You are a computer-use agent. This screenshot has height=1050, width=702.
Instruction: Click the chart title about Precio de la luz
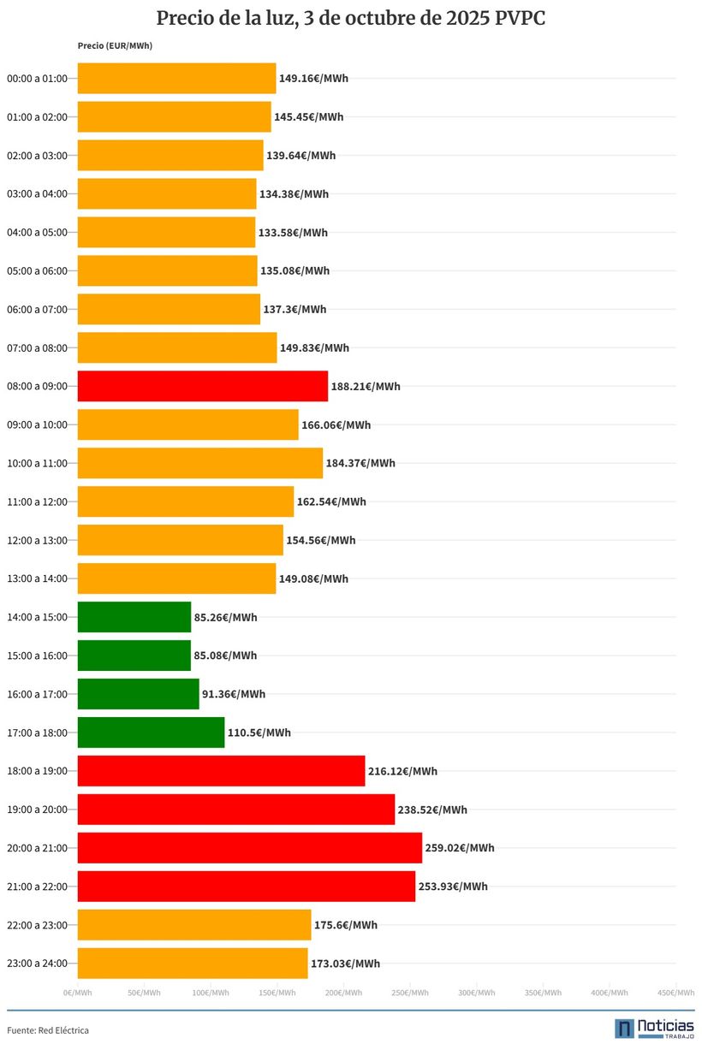351,19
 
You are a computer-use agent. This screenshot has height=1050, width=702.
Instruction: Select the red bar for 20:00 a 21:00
249,848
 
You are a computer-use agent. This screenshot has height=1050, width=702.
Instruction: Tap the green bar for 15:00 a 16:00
134,656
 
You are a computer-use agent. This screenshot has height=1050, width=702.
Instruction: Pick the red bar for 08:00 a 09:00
202,386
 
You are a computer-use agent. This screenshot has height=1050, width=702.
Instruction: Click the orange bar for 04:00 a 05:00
166,232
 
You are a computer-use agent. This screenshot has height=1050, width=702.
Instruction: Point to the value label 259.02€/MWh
460,848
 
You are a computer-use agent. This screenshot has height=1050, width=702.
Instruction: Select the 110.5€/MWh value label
259,733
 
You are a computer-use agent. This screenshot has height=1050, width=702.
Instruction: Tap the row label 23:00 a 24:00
37,964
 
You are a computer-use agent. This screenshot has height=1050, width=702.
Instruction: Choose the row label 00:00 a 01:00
37,79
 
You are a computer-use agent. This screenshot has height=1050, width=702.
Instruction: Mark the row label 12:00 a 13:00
37,540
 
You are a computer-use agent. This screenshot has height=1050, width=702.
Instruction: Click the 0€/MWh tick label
77,993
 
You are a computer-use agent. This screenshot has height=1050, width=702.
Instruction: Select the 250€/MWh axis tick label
410,993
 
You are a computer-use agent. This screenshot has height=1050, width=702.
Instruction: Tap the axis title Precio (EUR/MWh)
115,45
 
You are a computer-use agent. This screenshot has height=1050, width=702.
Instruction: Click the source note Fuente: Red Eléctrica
48,1030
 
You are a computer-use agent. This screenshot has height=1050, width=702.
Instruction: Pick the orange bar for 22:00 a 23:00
193,925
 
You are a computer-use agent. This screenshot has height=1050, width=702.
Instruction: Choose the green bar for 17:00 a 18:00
151,733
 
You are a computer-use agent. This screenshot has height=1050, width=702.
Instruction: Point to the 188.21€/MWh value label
366,386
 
